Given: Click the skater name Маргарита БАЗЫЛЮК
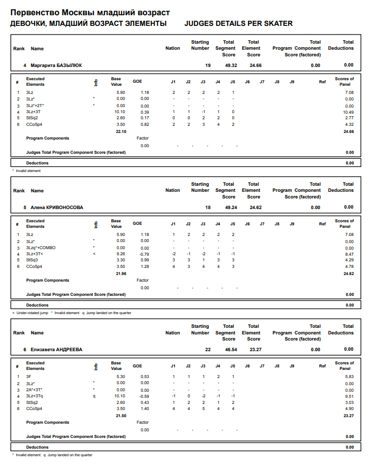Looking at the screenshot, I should (x=56, y=65).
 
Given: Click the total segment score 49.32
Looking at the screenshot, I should (x=231, y=65).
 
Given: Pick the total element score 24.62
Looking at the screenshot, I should (x=256, y=208).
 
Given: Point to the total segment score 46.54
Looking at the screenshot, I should (x=231, y=350).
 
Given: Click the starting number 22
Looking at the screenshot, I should (x=208, y=350).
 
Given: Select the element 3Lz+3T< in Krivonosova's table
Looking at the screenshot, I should (x=35, y=254).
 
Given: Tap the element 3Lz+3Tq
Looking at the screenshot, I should (x=35, y=396).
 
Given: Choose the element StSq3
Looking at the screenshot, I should (x=32, y=260).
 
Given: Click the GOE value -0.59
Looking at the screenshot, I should (x=144, y=396).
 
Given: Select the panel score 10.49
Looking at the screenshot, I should (x=348, y=112).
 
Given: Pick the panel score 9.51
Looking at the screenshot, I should (x=349, y=396).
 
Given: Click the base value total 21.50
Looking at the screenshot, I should (x=121, y=416).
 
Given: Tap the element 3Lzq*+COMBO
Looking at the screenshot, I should (x=41, y=248).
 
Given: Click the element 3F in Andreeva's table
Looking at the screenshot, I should (x=29, y=377).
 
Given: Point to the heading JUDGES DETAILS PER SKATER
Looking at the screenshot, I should (x=238, y=24).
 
